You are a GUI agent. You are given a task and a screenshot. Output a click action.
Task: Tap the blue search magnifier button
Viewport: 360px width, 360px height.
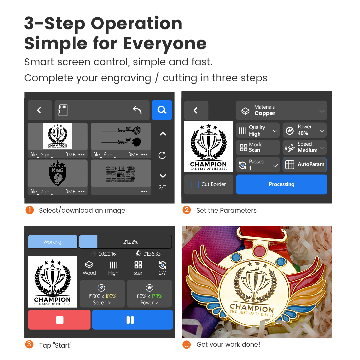[162, 110]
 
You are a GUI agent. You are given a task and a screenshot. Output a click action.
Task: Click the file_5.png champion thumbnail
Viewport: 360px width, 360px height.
[57, 136]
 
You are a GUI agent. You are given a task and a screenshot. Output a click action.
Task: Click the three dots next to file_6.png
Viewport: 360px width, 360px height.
[144, 155]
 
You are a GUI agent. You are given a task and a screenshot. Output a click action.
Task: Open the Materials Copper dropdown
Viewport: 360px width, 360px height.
[281, 110]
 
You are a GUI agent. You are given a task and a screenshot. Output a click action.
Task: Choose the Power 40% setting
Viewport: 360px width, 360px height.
[304, 130]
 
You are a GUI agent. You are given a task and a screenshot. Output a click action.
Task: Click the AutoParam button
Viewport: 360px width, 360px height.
[304, 164]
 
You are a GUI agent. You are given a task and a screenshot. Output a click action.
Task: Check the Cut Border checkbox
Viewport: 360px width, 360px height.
[195, 184]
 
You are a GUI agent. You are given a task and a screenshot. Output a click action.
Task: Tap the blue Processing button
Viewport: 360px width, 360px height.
[281, 184]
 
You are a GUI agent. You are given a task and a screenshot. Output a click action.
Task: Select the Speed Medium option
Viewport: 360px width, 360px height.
[304, 147]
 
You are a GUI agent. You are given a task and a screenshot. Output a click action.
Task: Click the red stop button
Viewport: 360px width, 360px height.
[59, 320]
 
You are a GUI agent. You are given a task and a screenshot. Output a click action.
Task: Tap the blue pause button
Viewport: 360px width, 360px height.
[132, 320]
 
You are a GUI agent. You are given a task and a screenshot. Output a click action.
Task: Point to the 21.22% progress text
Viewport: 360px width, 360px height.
[131, 242]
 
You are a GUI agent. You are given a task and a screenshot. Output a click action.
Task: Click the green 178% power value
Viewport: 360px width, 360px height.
[157, 296]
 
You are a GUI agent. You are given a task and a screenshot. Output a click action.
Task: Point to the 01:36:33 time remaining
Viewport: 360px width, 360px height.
[152, 254]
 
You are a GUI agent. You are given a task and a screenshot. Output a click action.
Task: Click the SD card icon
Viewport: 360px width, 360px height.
[63, 110]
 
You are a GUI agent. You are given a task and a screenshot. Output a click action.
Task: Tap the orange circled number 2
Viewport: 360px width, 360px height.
[186, 210]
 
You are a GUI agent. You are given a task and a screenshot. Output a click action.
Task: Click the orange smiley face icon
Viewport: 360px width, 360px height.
[186, 344]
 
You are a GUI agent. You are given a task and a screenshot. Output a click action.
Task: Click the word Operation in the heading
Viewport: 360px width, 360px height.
[137, 24]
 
